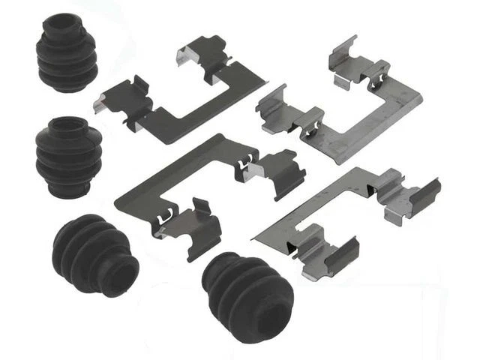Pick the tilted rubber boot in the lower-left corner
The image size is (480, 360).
[x=94, y=256]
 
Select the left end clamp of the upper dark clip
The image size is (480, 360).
[x=119, y=101]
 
